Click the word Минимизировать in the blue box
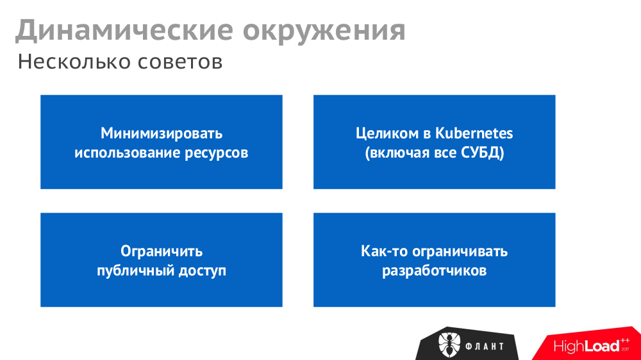pyautogui.click(x=162, y=133)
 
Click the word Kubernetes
pyautogui.click(x=474, y=133)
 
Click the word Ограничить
pyautogui.click(x=162, y=251)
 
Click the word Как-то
pyautogui.click(x=383, y=251)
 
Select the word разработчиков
pyautogui.click(x=435, y=271)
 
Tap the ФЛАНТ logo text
pyautogui.click(x=485, y=347)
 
